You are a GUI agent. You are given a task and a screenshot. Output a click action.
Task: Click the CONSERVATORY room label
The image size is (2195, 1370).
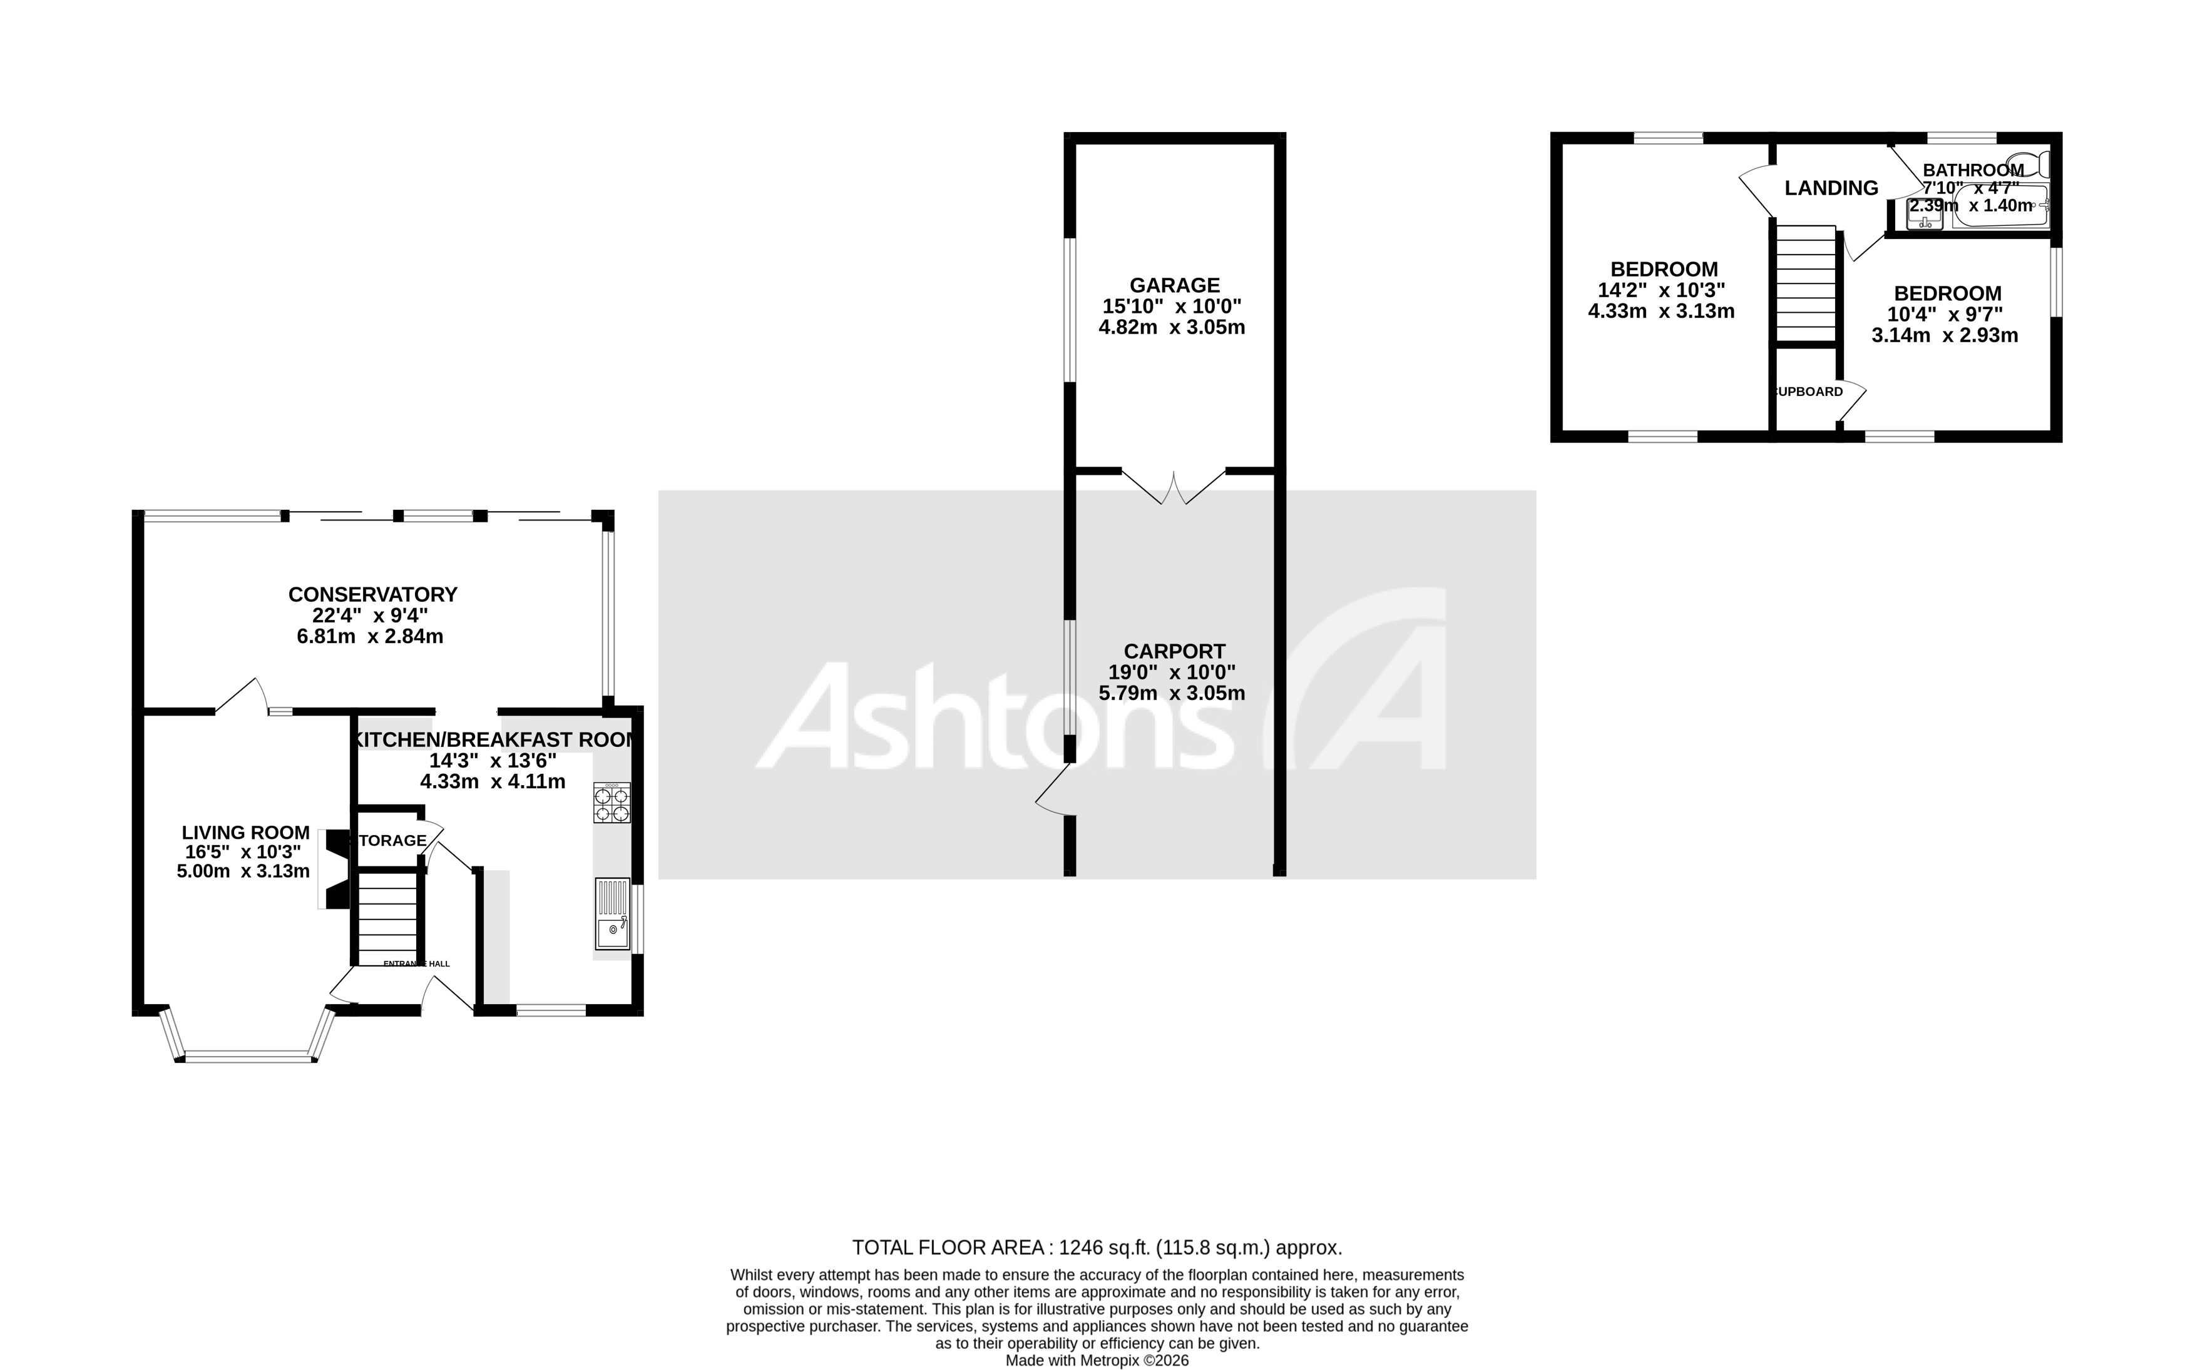point(372,594)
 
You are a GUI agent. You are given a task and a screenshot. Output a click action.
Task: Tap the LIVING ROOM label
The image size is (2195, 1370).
point(245,833)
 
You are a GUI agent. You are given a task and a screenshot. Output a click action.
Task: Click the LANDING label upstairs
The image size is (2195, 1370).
point(1831,188)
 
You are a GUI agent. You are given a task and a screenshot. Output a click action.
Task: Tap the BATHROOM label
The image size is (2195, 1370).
point(1973,170)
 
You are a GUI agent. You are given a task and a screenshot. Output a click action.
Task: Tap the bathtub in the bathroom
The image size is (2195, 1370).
point(1999,206)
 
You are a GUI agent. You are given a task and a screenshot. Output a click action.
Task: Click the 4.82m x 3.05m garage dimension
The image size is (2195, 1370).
point(1171,328)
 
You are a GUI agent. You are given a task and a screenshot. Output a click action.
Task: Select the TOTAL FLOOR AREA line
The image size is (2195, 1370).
point(1097,1247)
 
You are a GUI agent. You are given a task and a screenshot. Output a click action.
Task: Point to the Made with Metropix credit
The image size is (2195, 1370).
point(1097,1360)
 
